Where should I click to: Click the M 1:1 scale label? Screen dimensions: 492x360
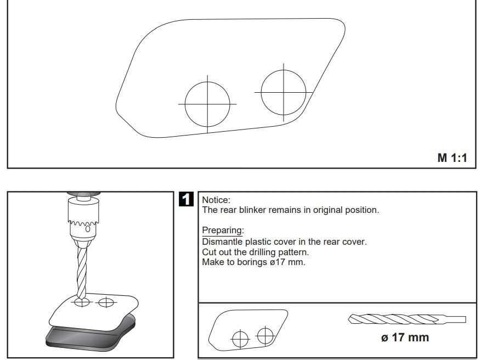point(452,157)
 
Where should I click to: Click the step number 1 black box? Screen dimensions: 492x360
point(186,199)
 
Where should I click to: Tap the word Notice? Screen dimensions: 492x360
point(216,200)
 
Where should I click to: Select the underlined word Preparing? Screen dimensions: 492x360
point(223,230)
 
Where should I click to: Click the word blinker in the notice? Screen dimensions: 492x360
point(253,210)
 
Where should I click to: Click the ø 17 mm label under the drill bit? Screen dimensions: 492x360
point(405,337)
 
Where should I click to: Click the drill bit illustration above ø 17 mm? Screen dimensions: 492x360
point(407,319)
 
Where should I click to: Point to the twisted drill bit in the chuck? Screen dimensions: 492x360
point(82,272)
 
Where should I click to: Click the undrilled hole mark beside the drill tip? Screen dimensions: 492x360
point(106,302)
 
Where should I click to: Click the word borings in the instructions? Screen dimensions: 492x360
point(252,262)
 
